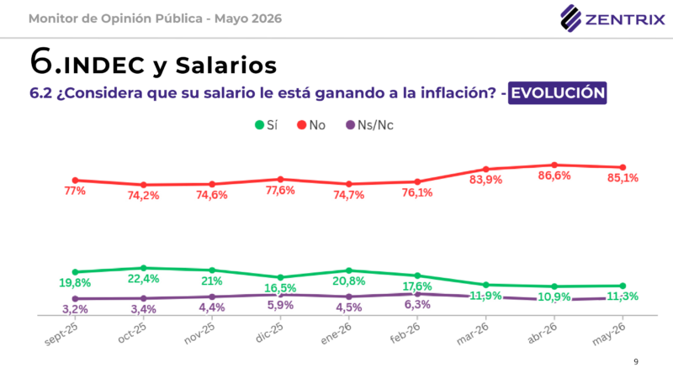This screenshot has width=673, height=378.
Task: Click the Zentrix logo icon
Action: tap(571, 18)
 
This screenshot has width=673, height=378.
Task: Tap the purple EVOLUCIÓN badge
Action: tap(557, 93)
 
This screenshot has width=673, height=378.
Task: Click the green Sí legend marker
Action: tap(259, 125)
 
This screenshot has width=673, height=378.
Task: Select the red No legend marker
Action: tap(302, 125)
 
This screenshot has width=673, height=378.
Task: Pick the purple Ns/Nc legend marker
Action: tap(350, 125)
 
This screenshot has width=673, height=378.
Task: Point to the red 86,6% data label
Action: tap(554, 176)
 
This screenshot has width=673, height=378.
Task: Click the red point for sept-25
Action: tap(75, 181)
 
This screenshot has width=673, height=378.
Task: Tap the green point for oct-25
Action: tap(143, 268)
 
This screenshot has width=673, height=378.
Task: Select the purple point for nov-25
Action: tap(212, 297)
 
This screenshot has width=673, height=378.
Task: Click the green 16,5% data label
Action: tap(280, 288)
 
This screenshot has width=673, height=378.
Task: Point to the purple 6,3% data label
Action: tap(417, 305)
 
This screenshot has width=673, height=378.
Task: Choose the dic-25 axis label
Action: tap(269, 333)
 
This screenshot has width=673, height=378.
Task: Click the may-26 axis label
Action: tap(609, 333)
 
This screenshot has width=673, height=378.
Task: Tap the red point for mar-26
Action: tap(486, 170)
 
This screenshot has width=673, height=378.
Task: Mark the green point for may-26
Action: tap(623, 286)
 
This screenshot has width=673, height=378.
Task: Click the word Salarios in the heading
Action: tap(226, 66)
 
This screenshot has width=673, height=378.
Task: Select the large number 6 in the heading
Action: tap(41, 60)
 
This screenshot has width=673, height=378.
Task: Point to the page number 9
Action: tap(636, 362)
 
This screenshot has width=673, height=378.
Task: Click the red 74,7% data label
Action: tap(349, 195)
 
